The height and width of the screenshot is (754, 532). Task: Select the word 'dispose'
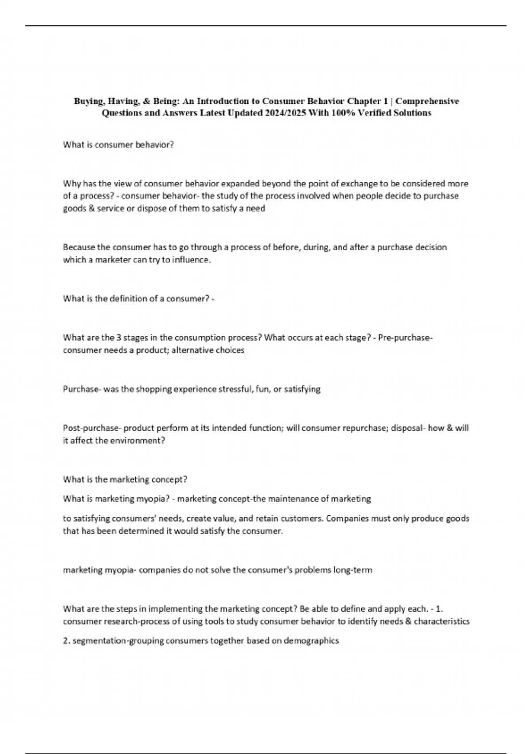click(147, 208)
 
